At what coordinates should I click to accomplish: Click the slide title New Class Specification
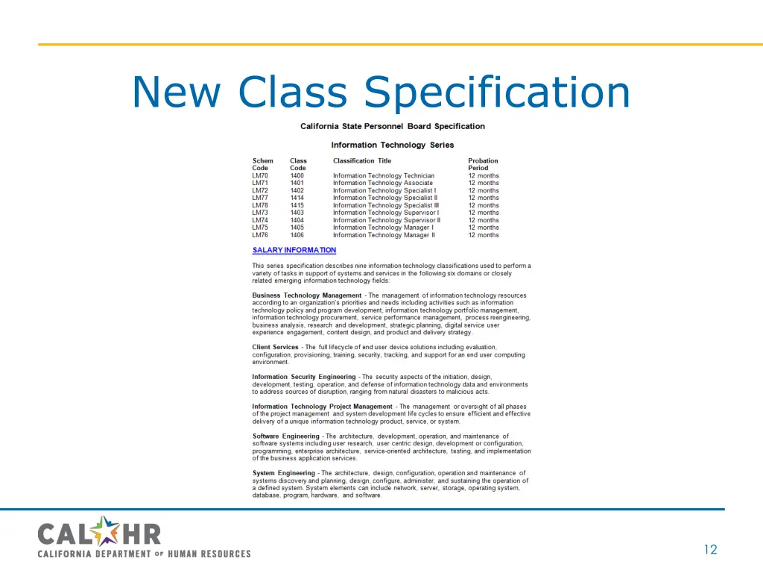[x=381, y=93]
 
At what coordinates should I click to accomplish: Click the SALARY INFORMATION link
[x=294, y=251]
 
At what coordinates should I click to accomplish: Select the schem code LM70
[x=260, y=176]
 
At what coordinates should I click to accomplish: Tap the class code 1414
[x=297, y=198]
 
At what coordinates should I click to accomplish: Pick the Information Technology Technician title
[x=384, y=176]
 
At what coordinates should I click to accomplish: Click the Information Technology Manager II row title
[x=384, y=236]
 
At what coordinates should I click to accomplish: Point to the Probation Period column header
[x=483, y=164]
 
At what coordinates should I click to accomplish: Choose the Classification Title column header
[x=362, y=161]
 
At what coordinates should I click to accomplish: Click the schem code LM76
[x=260, y=236]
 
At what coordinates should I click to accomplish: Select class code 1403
[x=297, y=213]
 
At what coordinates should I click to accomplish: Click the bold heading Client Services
[x=276, y=348]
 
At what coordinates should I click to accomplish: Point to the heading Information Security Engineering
[x=304, y=378]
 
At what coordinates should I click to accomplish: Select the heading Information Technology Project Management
[x=322, y=407]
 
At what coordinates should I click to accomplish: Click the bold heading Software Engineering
[x=286, y=436]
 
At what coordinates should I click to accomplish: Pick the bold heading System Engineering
[x=284, y=474]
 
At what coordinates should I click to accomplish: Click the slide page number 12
[x=710, y=550]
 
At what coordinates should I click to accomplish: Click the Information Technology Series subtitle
[x=393, y=145]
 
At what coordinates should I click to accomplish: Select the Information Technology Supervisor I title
[x=386, y=213]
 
